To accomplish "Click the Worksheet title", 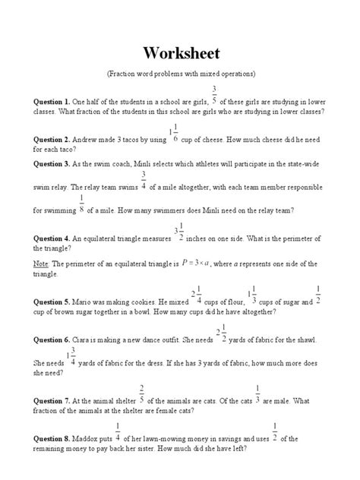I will (x=180, y=55).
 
